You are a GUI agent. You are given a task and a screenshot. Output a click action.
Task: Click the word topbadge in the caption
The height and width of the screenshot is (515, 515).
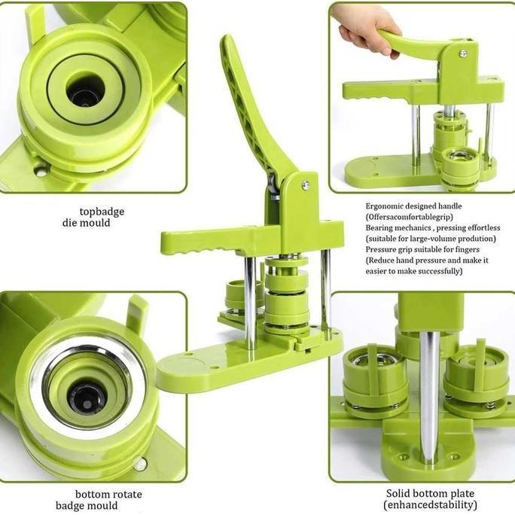click(x=102, y=212)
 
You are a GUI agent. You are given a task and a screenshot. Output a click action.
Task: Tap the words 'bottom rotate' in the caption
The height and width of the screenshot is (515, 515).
click(x=108, y=494)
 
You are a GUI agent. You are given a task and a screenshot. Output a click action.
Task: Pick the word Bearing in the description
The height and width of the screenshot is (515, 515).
click(x=382, y=227)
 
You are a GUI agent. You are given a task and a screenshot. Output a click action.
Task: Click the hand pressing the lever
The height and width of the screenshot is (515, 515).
click(x=367, y=29)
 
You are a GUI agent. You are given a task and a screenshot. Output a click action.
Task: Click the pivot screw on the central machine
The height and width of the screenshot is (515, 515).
click(x=305, y=184)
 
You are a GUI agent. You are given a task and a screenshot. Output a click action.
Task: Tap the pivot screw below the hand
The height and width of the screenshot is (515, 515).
click(x=463, y=53)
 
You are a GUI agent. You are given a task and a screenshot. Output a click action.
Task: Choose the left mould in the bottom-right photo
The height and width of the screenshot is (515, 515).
click(x=373, y=380)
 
